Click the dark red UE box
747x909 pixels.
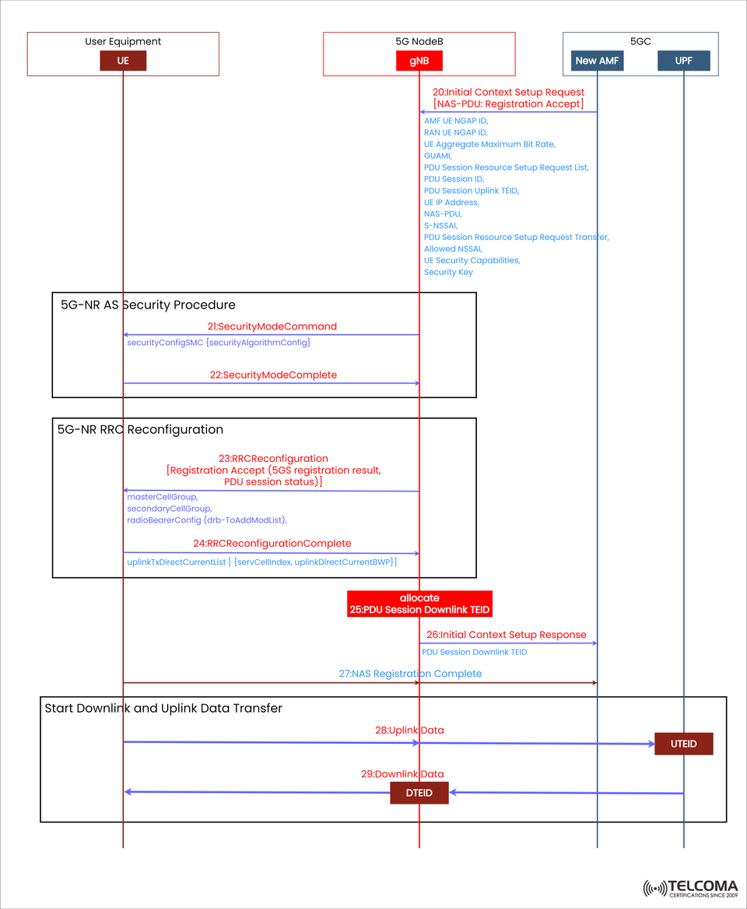[x=123, y=61]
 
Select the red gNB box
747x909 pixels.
[x=419, y=61]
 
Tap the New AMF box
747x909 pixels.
[x=597, y=61]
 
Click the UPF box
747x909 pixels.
[x=683, y=61]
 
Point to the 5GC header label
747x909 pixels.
[x=640, y=41]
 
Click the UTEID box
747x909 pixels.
[x=683, y=744]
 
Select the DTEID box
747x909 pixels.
[x=419, y=793]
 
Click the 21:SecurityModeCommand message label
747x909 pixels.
[x=272, y=326]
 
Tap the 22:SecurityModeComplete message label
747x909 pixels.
[x=273, y=375]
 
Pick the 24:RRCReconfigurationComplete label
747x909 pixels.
[x=272, y=543]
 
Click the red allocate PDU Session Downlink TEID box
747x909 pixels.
[x=419, y=604]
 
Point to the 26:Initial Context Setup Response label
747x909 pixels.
[x=506, y=634]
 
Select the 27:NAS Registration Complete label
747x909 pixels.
[x=410, y=673]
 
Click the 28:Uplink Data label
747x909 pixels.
[x=409, y=730]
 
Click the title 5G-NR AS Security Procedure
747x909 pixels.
[x=148, y=305]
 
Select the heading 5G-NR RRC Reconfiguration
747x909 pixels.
[x=140, y=429]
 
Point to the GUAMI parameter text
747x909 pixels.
[x=437, y=156]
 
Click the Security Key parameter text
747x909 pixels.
[x=448, y=272]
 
